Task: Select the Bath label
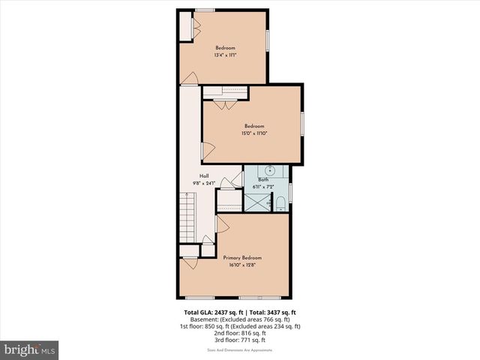[263, 179]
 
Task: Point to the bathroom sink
[269, 169]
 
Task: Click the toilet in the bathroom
[280, 202]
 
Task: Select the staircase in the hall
[187, 217]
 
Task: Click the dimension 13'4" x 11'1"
[226, 55]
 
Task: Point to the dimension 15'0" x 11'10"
[254, 133]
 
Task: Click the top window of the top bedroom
[205, 10]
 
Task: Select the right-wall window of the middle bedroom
[301, 124]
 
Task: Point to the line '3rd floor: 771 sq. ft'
[239, 340]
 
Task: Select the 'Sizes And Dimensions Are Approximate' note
[239, 349]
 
